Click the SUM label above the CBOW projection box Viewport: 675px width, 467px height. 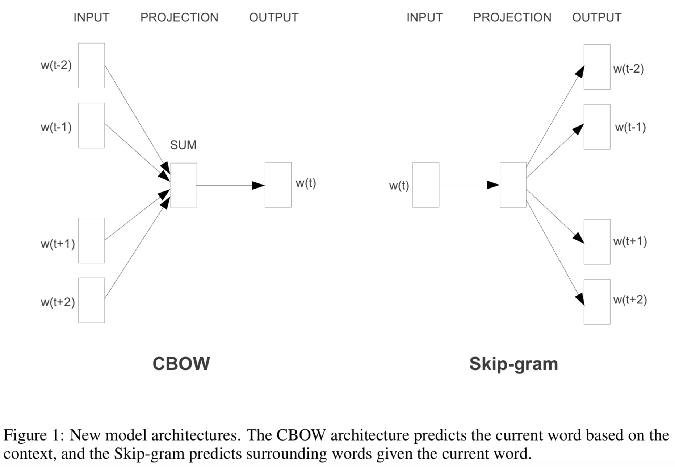tap(183, 145)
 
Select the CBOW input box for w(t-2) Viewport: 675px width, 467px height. tap(92, 66)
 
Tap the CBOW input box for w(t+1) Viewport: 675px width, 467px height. tap(92, 240)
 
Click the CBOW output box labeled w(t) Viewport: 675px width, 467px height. tap(278, 185)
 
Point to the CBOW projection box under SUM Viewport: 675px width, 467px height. tap(184, 185)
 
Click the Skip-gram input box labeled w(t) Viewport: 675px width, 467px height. tap(426, 185)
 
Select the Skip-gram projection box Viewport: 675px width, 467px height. tap(513, 185)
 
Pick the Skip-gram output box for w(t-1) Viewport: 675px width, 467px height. tap(597, 127)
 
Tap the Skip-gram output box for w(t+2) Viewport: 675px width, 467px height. tap(597, 302)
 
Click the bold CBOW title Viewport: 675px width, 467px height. tap(181, 364)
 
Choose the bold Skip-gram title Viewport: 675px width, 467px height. tap(513, 364)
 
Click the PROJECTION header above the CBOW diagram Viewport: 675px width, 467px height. tap(179, 17)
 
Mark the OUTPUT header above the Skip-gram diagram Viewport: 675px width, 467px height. tap(596, 17)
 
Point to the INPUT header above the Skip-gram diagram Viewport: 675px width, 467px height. tap(424, 17)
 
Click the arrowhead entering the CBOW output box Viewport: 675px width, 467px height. tap(259, 185)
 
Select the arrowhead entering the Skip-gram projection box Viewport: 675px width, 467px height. tap(493, 185)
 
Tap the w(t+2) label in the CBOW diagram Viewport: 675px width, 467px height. tap(58, 302)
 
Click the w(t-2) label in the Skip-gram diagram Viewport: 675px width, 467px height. tap(629, 69)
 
